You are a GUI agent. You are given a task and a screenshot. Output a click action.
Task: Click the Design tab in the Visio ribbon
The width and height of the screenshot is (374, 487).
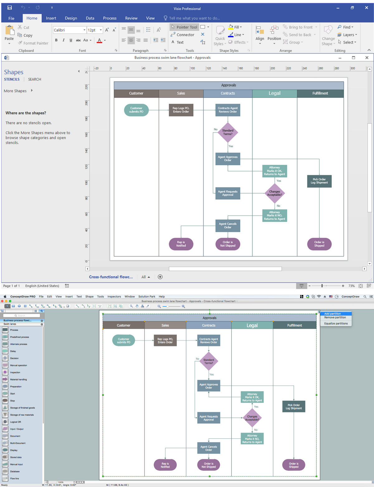pyautogui.click(x=71, y=18)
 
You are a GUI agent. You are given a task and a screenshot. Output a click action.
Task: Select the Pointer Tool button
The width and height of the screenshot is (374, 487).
pyautogui.click(x=184, y=27)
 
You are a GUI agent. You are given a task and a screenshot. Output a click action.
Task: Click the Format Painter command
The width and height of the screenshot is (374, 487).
pyautogui.click(x=33, y=43)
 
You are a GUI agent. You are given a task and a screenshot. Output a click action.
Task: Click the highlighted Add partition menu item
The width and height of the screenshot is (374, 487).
pyautogui.click(x=333, y=314)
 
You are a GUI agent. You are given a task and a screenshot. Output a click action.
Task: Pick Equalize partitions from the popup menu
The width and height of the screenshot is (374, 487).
pyautogui.click(x=336, y=324)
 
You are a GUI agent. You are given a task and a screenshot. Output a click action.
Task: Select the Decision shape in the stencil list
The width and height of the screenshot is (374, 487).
pyautogui.click(x=14, y=358)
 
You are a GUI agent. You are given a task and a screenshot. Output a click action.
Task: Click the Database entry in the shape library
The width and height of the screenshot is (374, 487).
pyautogui.click(x=15, y=471)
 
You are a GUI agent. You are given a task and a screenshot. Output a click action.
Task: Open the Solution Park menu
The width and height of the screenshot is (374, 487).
pyautogui.click(x=146, y=297)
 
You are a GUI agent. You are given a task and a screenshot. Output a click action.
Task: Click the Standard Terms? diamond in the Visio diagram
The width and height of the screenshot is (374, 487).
pyautogui.click(x=228, y=132)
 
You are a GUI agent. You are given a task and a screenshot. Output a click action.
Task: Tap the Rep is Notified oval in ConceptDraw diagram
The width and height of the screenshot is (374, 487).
pyautogui.click(x=165, y=465)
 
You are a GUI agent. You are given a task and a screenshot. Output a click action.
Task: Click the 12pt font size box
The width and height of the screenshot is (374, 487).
pyautogui.click(x=93, y=30)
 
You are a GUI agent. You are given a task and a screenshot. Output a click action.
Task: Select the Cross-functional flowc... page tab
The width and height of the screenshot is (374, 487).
pyautogui.click(x=111, y=277)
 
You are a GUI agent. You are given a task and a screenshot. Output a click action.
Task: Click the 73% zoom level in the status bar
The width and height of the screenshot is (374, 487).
pyautogui.click(x=352, y=286)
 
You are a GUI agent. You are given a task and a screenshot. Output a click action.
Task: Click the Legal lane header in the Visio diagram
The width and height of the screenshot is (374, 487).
pyautogui.click(x=274, y=93)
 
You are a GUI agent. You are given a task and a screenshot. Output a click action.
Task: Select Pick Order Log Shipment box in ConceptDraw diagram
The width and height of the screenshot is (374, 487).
pyautogui.click(x=294, y=406)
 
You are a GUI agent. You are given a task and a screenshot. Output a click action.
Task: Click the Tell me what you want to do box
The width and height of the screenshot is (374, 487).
pyautogui.click(x=194, y=18)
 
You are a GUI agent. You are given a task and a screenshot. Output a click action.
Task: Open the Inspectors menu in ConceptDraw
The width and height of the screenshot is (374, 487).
pyautogui.click(x=114, y=297)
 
